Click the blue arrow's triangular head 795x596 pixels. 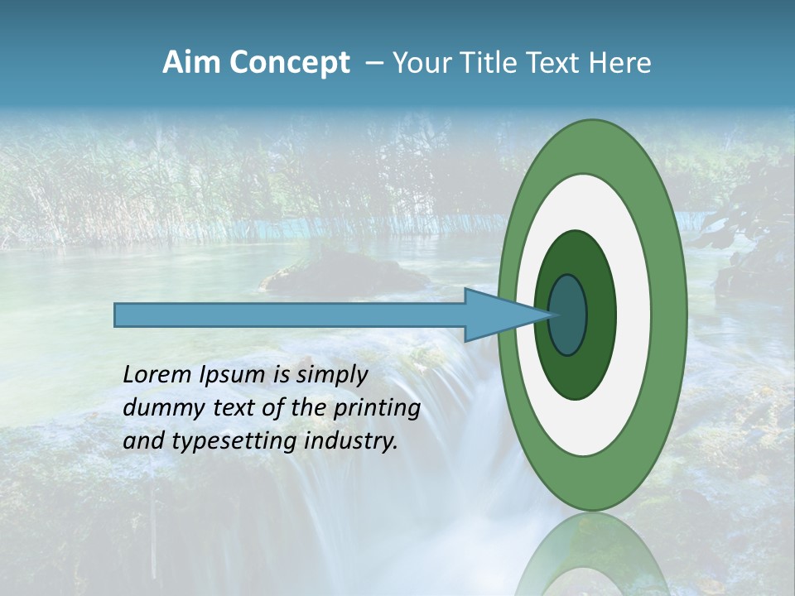coord(497,315)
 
